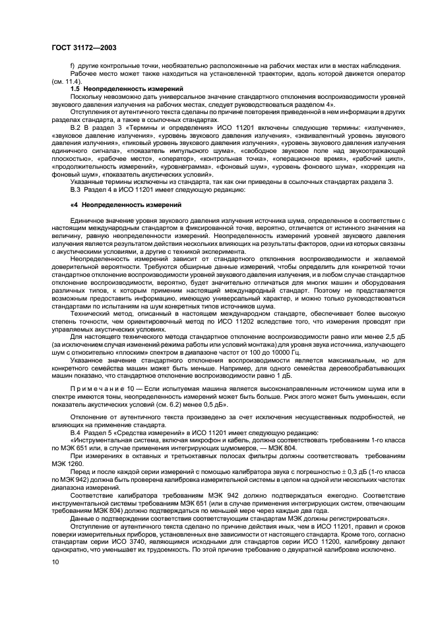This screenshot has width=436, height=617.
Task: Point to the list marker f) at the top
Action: coord(71,68)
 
